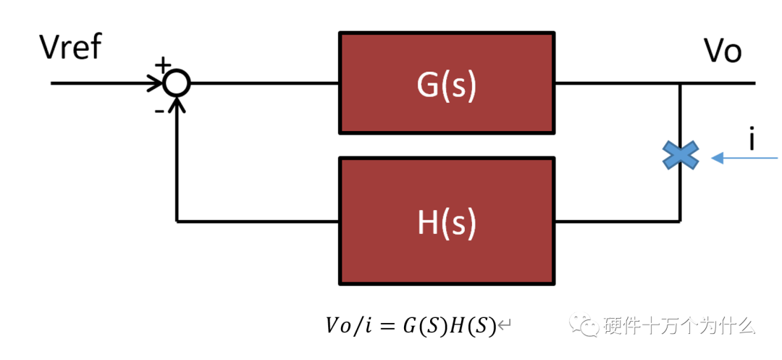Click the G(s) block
(x=447, y=83)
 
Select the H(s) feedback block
(x=447, y=221)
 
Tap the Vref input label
(x=71, y=49)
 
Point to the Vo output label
(x=723, y=51)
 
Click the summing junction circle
(x=176, y=83)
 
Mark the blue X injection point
(x=681, y=156)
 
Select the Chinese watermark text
(x=679, y=326)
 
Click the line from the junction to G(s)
(x=264, y=83)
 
